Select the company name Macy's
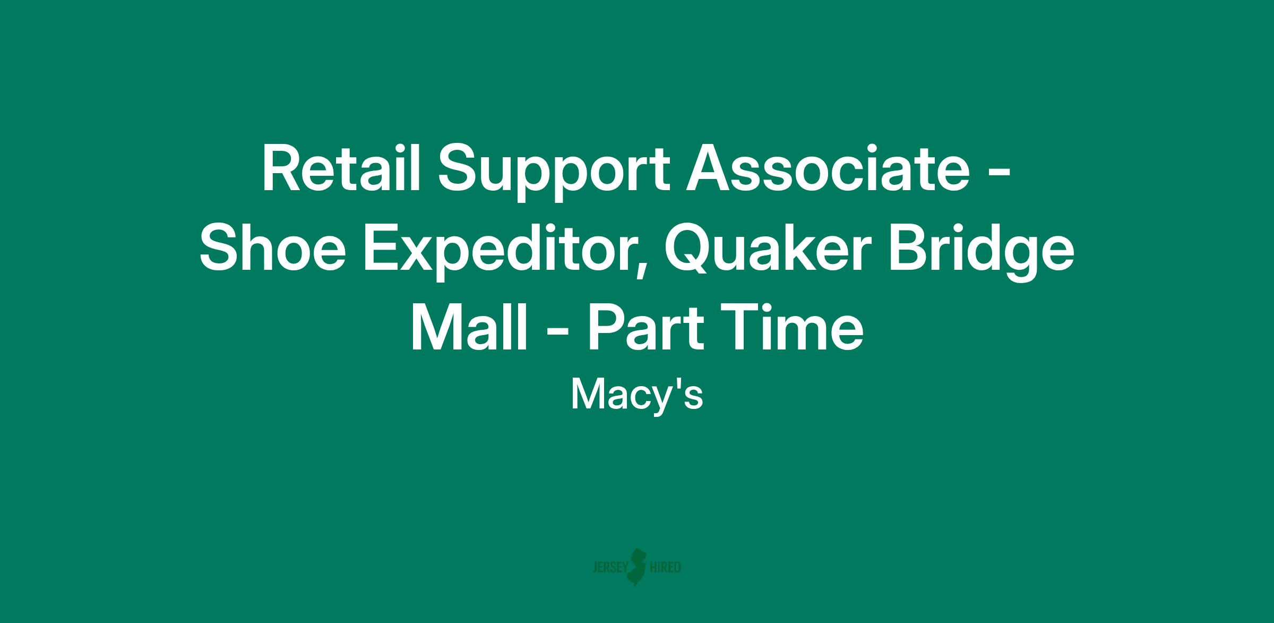(x=637, y=396)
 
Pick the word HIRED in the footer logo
(x=666, y=568)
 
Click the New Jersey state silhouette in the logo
(x=638, y=567)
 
